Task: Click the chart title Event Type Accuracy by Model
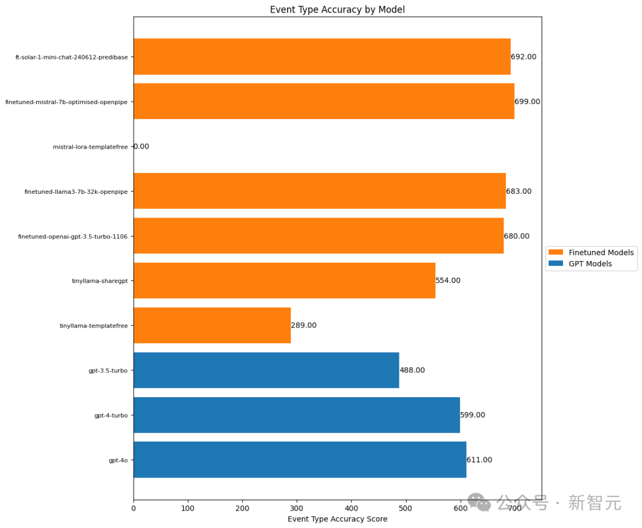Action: tap(337, 10)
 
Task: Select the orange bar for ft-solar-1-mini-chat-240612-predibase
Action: tap(322, 56)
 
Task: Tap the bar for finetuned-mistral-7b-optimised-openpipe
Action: tap(323, 101)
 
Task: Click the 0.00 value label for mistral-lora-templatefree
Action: tap(141, 146)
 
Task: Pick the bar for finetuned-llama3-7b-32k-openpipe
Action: tap(319, 191)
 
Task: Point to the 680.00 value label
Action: tap(517, 236)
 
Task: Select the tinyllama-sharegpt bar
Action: tap(284, 281)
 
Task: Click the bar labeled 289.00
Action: tap(212, 325)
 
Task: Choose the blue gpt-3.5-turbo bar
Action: tap(266, 370)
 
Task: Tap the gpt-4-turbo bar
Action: tap(297, 415)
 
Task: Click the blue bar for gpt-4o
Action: tap(300, 460)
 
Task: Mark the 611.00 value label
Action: tap(479, 460)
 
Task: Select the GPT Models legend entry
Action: tap(590, 264)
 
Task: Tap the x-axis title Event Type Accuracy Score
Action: tap(337, 519)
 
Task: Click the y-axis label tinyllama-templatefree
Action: tap(93, 326)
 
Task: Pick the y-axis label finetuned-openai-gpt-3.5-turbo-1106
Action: tap(73, 237)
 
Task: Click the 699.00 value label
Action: tap(527, 102)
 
